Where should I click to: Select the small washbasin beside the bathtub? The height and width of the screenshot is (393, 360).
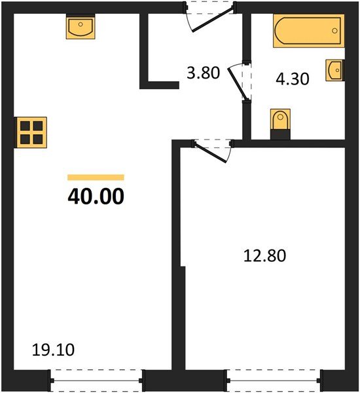coord(334,69)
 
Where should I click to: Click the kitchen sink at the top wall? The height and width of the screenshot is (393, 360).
coord(81,28)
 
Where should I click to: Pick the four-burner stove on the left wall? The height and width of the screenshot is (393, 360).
coord(31,132)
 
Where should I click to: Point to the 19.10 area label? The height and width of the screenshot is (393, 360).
coord(54,350)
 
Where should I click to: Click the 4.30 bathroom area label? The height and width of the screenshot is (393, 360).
coord(292,78)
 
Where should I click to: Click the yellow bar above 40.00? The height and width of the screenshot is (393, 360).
coord(96,177)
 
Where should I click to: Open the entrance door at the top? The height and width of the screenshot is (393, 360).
coord(209,17)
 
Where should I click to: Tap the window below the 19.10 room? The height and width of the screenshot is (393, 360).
coord(97,378)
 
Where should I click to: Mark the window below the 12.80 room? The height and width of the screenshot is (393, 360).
coord(274,379)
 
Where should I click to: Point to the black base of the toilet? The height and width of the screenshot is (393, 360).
coord(279,135)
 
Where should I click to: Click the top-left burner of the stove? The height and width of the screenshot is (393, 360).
coord(25,126)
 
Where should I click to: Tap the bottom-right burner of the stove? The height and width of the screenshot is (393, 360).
coord(37,138)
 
